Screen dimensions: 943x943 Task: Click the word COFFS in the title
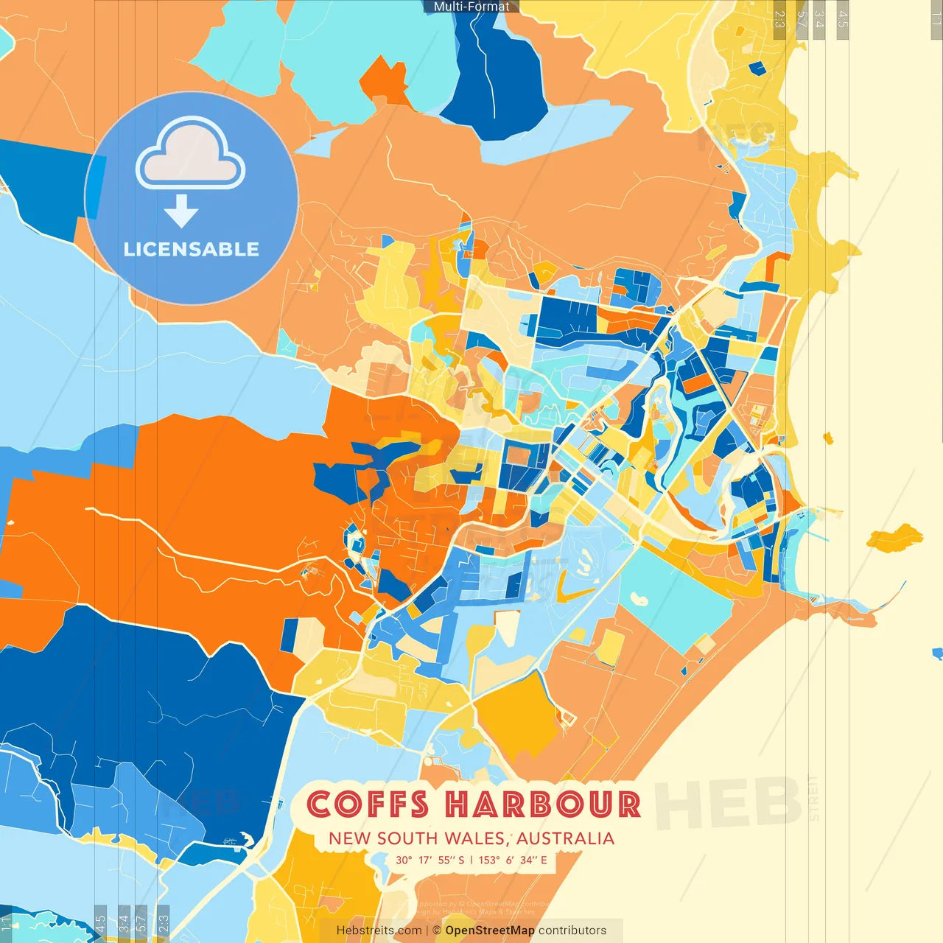(x=367, y=804)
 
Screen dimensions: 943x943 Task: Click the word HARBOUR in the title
(x=543, y=804)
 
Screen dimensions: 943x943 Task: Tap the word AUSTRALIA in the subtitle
(x=565, y=838)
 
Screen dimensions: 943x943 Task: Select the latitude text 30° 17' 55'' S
(x=430, y=860)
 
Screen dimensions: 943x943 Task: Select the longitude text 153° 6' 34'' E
(x=513, y=860)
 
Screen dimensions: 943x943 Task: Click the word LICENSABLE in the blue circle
(x=192, y=249)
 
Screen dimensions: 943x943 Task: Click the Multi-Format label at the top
(x=471, y=7)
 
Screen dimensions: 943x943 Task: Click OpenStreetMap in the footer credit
(x=490, y=930)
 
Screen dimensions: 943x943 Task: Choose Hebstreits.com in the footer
(x=379, y=930)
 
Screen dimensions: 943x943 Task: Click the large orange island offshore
(x=894, y=538)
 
